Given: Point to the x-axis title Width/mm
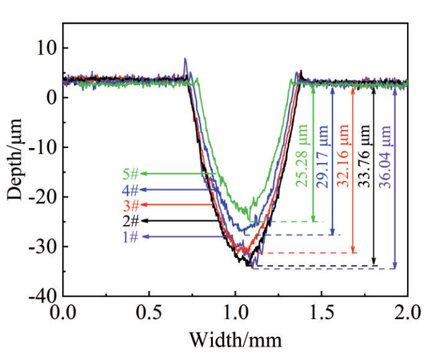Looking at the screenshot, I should [235, 341].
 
